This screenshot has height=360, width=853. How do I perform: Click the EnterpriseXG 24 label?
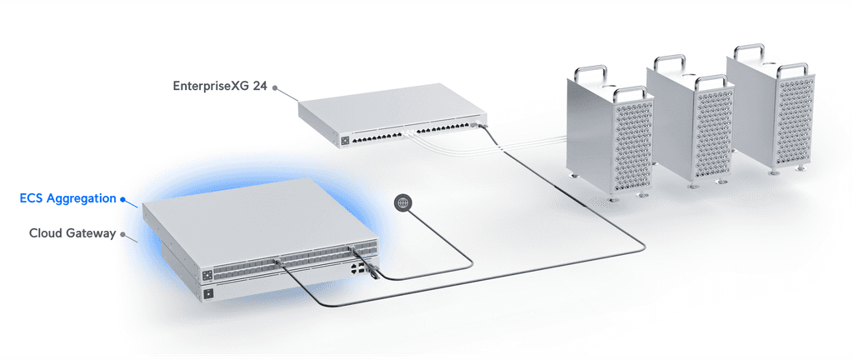tap(220, 86)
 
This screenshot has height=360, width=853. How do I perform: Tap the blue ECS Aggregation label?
tap(68, 198)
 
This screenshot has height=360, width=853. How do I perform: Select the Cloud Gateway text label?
tap(72, 233)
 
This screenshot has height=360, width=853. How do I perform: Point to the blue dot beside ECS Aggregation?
tap(122, 199)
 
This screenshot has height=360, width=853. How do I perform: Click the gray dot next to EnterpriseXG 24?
tap(275, 87)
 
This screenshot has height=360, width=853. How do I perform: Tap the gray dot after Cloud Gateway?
tap(122, 234)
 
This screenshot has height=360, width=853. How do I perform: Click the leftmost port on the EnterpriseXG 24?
tap(356, 140)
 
